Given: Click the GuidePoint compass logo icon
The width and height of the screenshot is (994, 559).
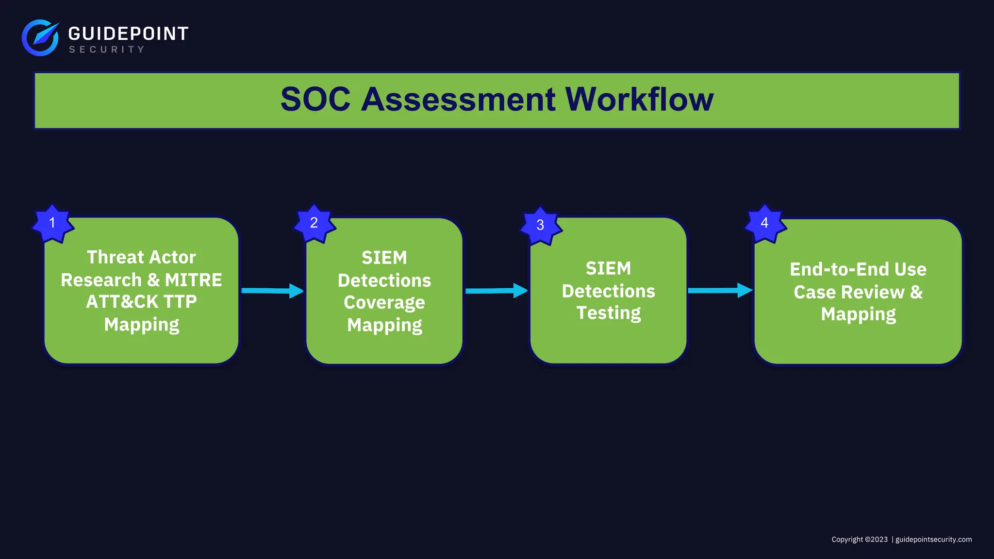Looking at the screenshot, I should point(40,37).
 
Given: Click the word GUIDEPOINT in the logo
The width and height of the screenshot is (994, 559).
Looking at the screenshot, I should point(128,33).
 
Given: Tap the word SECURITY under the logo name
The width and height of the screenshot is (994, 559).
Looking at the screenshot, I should point(107,49).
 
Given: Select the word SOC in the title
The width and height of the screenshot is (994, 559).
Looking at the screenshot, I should point(315,99).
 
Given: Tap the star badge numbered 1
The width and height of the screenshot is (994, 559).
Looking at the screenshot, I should point(52,223).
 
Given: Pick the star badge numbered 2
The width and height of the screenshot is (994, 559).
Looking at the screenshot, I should point(315,223).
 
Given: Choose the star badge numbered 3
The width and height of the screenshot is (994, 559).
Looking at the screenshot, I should point(540,225).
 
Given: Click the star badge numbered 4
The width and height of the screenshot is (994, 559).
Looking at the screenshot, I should point(764,223).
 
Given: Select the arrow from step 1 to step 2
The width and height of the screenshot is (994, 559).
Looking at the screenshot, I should point(272,291).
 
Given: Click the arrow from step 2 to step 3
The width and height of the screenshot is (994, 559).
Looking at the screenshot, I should point(496,291).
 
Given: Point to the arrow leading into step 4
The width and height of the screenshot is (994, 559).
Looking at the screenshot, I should point(720,290).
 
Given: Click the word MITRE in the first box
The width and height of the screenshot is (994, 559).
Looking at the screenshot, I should point(193,280).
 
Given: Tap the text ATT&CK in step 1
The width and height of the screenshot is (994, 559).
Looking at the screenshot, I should point(122,302).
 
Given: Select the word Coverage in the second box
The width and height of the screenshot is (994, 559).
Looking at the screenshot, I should point(384,303).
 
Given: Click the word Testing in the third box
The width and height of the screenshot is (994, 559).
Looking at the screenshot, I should point(609,313).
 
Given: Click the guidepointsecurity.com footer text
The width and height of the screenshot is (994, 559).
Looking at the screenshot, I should point(933,540).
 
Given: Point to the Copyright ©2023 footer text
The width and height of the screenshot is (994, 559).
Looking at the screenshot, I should point(859,540).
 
